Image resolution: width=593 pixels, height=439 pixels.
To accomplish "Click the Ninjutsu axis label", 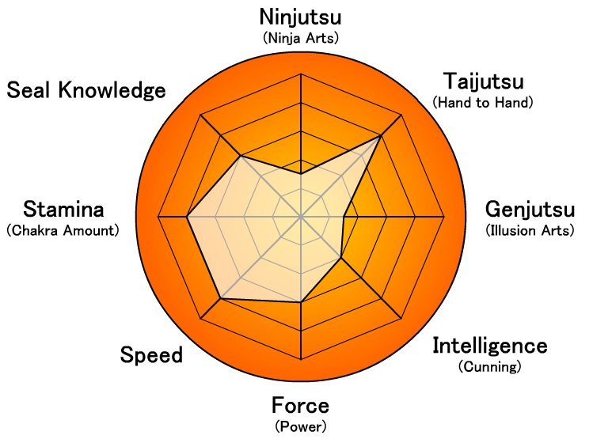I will pos(300,16).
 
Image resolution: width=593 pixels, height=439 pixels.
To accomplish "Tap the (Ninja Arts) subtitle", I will pos(300,36).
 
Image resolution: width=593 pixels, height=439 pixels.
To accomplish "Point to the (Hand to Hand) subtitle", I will pos(483,103).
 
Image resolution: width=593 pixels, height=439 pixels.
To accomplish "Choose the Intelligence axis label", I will pos(489,346).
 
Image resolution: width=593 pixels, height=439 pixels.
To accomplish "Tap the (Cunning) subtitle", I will pos(489,366).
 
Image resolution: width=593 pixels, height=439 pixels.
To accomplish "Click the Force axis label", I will pos(300,406).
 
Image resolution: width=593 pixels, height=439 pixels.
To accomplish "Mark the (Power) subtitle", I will pos(300,426).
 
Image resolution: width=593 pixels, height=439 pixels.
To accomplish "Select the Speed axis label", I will pos(151,355).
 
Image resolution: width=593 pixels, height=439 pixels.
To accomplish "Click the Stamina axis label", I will pos(63,210).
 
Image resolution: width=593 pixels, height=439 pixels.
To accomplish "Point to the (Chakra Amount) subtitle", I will pos(63,231).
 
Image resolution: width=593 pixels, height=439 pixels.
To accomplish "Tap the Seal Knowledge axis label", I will pos(86,90).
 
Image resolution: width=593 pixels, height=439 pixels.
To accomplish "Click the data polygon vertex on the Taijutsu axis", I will pos(381,136).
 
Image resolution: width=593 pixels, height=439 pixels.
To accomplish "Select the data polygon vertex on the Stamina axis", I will pos(187,216).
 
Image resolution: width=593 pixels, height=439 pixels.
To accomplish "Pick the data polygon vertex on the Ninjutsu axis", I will pos(301,173).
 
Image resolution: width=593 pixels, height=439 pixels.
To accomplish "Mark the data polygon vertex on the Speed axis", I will pos(221,297).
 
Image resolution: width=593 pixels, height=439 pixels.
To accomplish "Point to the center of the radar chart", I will pos(301,216).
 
